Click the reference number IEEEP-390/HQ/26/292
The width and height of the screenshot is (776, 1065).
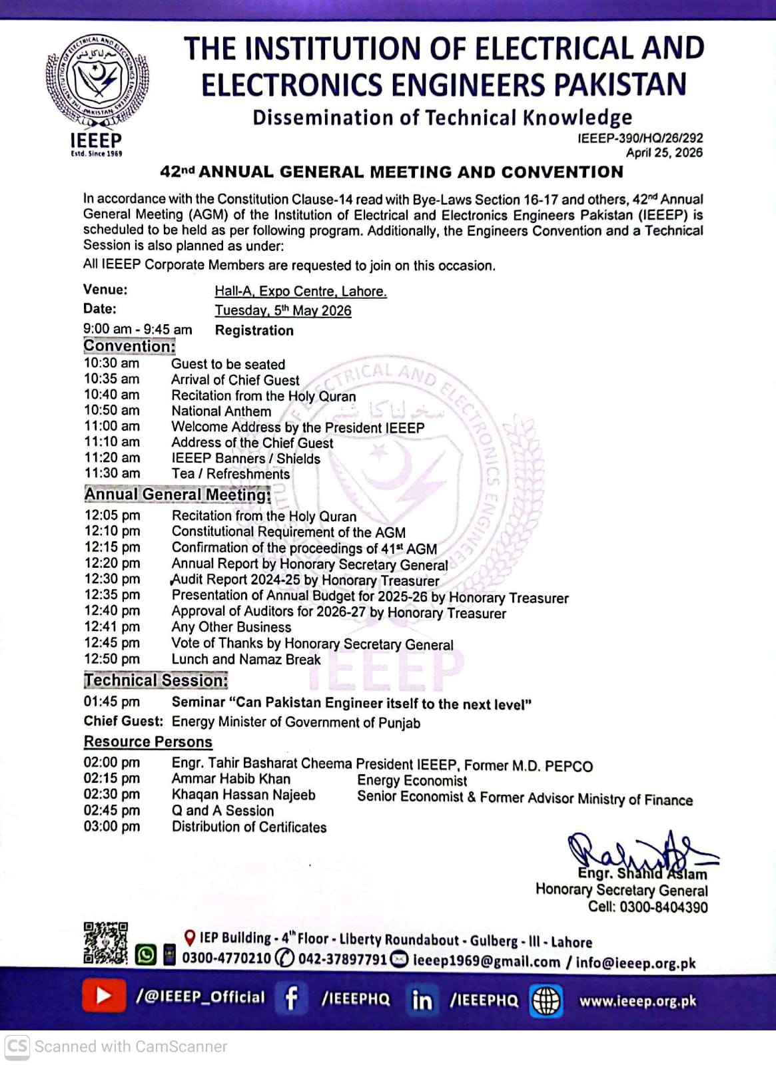(x=640, y=138)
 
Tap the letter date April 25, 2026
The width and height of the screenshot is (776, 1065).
(x=664, y=152)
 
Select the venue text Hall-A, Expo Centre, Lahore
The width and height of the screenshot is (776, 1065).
(x=300, y=292)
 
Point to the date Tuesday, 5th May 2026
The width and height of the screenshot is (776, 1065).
(x=282, y=311)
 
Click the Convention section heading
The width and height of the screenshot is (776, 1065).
(x=129, y=346)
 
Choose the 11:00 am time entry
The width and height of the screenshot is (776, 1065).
(x=112, y=427)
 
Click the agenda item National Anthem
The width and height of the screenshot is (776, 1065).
(x=221, y=411)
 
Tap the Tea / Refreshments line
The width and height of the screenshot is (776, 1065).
(x=230, y=474)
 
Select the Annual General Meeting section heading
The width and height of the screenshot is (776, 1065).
(x=177, y=495)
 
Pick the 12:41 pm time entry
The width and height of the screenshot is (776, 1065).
(x=112, y=627)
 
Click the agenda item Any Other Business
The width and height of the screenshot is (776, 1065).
(x=231, y=627)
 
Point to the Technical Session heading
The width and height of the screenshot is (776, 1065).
(x=156, y=680)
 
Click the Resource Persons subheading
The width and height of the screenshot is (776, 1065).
(x=148, y=742)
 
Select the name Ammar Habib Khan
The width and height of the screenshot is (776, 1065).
(x=231, y=779)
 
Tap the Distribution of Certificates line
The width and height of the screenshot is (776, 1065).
(x=249, y=827)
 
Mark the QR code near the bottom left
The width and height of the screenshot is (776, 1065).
(x=105, y=943)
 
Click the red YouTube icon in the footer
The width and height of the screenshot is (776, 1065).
(x=104, y=996)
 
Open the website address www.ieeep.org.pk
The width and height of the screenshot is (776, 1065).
(x=637, y=1001)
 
